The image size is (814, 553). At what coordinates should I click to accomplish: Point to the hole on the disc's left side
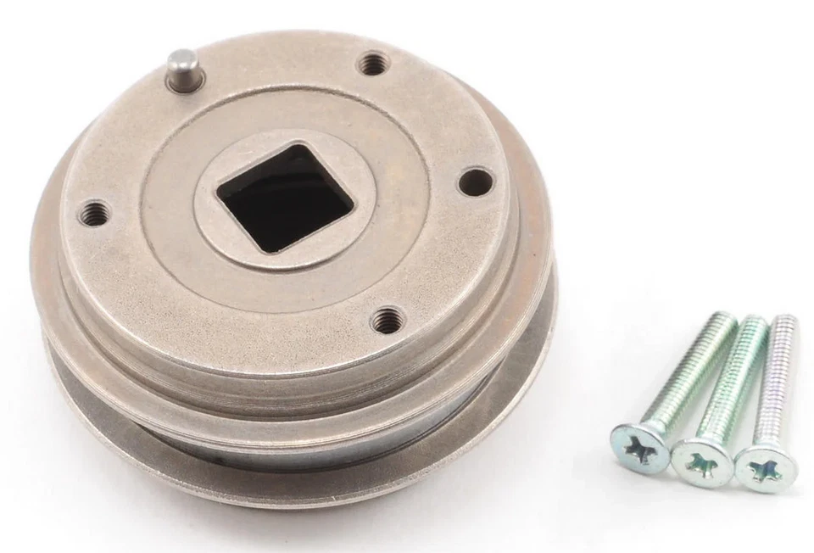[95, 214]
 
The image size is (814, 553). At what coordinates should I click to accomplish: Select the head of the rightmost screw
[764, 466]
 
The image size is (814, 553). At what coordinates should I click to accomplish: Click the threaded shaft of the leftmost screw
[690, 370]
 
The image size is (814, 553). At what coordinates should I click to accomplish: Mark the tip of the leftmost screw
[728, 319]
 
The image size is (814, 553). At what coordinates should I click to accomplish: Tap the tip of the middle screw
[759, 322]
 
